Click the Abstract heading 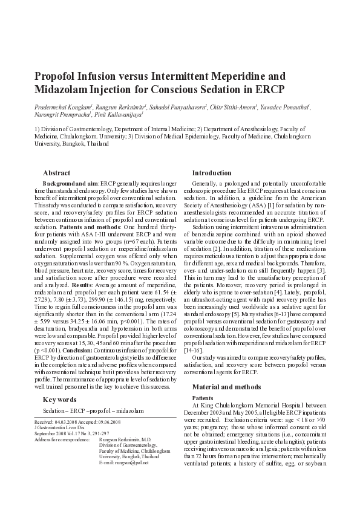(x=56, y=173)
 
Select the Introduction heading (x=212, y=173)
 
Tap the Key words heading (x=59, y=400)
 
